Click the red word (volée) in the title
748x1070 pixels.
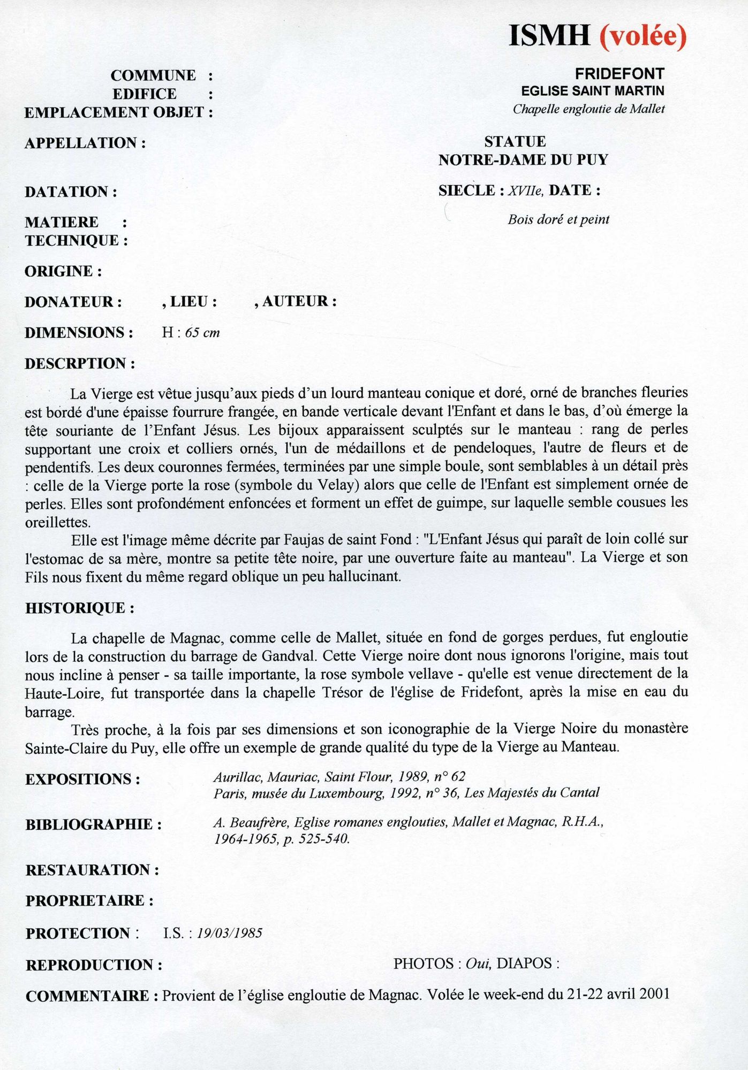643,36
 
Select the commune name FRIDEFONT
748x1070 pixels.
619,74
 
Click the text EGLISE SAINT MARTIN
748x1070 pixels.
593,91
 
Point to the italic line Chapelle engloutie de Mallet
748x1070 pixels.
588,109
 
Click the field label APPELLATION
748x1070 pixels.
85,143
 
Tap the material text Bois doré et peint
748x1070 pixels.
558,219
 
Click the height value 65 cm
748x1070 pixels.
202,333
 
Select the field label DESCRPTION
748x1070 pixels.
79,364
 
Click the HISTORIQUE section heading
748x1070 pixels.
79,608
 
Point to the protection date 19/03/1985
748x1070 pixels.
230,934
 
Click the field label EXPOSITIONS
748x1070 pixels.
82,779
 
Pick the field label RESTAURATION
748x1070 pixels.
92,870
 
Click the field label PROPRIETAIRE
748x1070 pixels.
89,900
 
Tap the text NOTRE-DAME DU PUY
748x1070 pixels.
523,160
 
